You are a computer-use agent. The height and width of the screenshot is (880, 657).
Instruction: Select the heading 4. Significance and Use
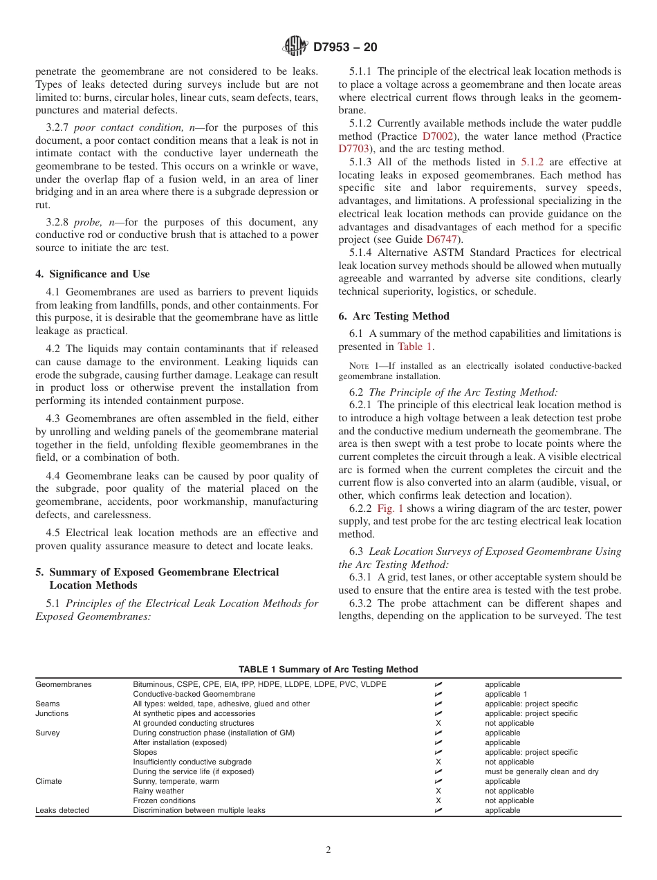point(93,274)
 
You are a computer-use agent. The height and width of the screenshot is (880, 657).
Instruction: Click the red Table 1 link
point(416,347)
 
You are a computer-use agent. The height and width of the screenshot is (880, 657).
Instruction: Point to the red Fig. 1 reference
point(390,508)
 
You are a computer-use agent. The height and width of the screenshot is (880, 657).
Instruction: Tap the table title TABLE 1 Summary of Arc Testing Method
point(328,669)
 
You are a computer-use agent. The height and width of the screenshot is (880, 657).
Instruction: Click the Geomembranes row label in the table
point(63,684)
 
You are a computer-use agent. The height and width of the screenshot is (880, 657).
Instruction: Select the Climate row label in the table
point(48,781)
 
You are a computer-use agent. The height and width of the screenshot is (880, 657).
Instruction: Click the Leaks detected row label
point(62,810)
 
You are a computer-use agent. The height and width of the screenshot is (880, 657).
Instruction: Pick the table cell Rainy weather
point(158,791)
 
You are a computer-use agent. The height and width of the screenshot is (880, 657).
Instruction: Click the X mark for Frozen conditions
point(438,800)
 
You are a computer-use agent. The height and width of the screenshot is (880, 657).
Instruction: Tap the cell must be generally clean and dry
point(542,771)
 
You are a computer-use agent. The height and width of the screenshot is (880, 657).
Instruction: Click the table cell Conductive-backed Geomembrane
point(194,694)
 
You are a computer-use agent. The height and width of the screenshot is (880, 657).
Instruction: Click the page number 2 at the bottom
point(328,850)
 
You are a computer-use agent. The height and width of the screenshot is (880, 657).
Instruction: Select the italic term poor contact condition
point(129,127)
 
